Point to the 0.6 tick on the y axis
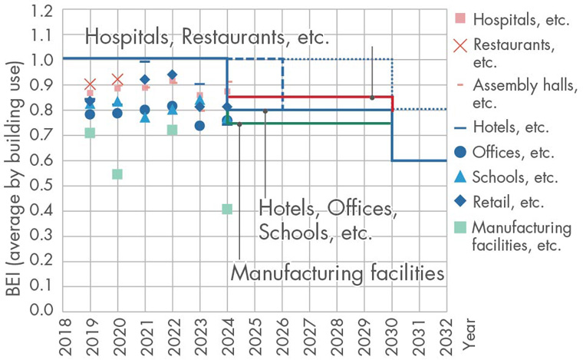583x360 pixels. click(x=44, y=160)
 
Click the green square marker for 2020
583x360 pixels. click(x=117, y=174)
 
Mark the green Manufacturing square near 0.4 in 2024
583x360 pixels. click(x=227, y=209)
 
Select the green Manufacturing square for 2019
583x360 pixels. click(x=90, y=133)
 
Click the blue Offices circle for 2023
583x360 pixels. click(x=199, y=125)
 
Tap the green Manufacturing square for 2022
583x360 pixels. click(x=173, y=130)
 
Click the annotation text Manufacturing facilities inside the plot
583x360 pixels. click(x=338, y=272)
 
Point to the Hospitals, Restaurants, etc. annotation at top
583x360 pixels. click(x=206, y=37)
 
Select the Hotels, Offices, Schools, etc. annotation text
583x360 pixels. click(x=327, y=220)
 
